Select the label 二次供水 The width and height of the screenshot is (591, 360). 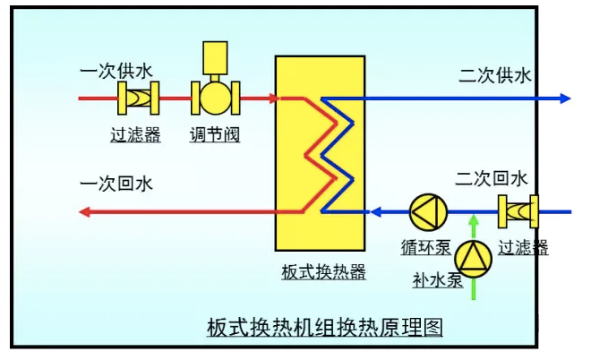point(495,75)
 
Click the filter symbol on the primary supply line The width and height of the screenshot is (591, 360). point(138,98)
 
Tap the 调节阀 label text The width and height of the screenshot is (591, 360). point(215,135)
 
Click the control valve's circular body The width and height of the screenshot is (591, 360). point(215,98)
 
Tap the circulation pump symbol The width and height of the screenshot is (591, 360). point(426,212)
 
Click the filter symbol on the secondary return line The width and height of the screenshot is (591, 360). point(517,212)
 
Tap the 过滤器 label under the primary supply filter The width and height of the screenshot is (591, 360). point(135,135)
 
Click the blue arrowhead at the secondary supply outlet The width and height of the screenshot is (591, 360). point(564,98)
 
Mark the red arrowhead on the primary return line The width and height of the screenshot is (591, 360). point(85,212)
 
